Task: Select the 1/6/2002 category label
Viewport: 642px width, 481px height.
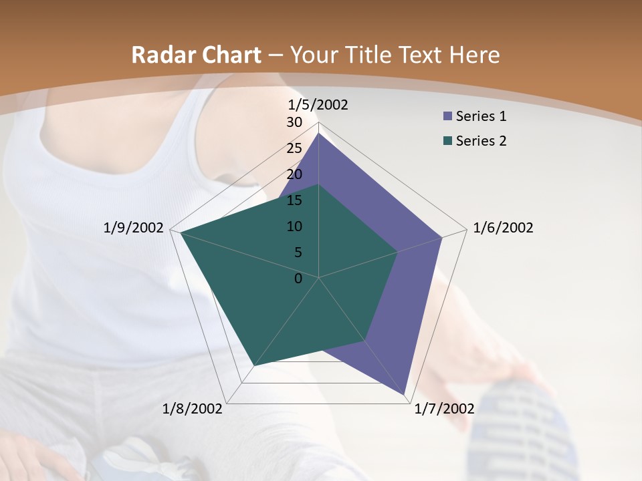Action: (503, 228)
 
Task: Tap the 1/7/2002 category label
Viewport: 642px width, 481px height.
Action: (444, 409)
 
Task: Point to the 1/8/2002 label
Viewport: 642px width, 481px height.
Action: (193, 409)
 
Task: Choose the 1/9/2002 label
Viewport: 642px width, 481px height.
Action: (134, 228)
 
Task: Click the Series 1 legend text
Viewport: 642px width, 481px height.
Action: (481, 116)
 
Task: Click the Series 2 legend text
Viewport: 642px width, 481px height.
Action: (481, 141)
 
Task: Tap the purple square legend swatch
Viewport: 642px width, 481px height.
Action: (447, 117)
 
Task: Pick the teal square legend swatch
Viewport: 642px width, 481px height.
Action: (447, 142)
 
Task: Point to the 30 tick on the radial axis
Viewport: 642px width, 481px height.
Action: (294, 122)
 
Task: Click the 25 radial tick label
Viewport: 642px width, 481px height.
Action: (294, 148)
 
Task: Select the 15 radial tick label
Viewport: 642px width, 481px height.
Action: (294, 200)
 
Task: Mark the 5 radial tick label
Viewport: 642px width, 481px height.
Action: (298, 253)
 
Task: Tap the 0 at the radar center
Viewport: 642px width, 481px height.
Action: (298, 279)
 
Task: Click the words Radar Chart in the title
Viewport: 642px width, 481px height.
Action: (196, 55)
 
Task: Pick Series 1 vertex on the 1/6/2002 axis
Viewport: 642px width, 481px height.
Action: (442, 237)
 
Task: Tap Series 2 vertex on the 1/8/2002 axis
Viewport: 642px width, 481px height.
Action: (255, 365)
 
